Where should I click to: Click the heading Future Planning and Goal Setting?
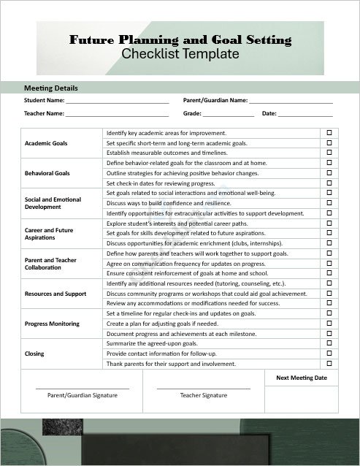(180, 40)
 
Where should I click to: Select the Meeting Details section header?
(51, 88)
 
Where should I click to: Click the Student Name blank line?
(117, 101)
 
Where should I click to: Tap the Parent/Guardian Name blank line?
(291, 101)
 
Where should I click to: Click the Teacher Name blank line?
(117, 114)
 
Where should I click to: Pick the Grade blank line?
(229, 114)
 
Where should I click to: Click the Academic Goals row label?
(46, 143)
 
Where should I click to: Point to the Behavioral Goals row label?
(47, 173)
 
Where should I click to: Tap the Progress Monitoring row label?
(53, 324)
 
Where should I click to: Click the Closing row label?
(34, 354)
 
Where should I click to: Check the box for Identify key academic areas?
(329, 133)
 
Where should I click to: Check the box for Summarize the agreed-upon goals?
(329, 343)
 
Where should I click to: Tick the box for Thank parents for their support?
(329, 363)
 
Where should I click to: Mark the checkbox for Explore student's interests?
(329, 223)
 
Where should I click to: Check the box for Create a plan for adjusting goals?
(329, 323)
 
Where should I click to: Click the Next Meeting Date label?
(301, 378)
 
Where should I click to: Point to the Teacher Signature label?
(204, 395)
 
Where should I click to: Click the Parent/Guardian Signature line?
(83, 387)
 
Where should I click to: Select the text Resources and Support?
(55, 294)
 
